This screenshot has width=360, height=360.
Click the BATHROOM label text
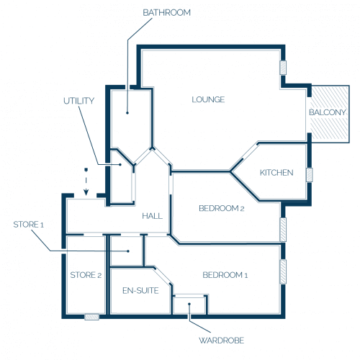[166, 13]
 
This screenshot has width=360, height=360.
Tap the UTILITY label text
[78, 101]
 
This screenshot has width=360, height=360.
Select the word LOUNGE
[208, 99]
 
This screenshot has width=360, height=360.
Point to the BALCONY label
[328, 112]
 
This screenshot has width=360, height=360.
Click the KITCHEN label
[276, 173]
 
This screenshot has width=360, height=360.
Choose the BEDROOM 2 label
[222, 208]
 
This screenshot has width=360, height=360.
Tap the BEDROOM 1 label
[225, 275]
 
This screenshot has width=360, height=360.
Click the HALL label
[152, 216]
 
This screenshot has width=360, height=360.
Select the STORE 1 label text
[29, 225]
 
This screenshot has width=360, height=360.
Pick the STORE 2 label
[86, 275]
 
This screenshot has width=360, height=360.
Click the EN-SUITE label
[140, 291]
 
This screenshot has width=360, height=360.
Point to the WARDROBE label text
[221, 341]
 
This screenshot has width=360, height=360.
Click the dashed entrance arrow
[86, 181]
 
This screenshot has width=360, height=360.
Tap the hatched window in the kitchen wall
[310, 175]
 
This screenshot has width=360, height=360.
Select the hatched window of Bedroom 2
[283, 230]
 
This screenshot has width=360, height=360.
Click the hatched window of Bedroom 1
[283, 271]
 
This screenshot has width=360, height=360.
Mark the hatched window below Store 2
[92, 317]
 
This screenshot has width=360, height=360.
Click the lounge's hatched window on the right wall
[283, 68]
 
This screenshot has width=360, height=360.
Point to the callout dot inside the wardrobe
[189, 304]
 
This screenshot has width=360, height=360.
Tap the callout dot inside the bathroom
[127, 112]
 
